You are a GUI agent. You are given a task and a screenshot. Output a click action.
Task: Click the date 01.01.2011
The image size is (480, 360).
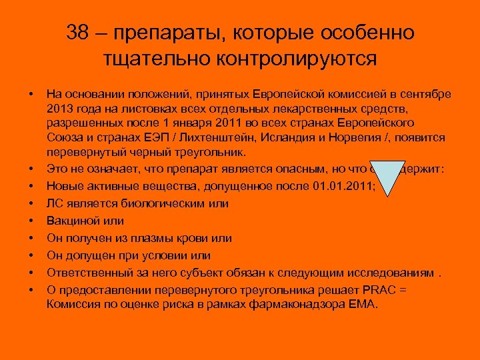tap(343, 186)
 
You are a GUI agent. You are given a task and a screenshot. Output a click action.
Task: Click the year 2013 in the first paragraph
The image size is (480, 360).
tap(60, 107)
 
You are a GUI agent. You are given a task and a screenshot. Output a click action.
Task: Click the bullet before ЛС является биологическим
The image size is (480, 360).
tap(31, 203)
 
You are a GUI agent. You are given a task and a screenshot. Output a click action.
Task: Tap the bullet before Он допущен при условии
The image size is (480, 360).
tap(31, 255)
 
